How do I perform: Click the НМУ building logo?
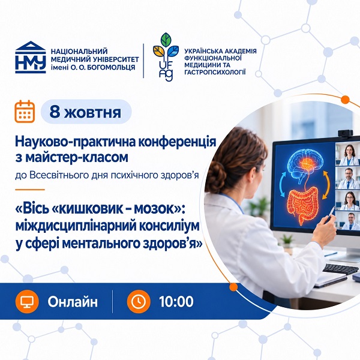[x=31, y=57]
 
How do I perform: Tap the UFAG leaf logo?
[x=166, y=57]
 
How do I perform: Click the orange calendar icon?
[x=25, y=112]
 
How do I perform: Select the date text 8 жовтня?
[x=85, y=112]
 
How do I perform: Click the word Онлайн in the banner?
[x=73, y=302]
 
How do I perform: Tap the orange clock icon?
[x=139, y=301]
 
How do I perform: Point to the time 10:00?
[x=176, y=301]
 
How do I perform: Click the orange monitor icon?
[x=27, y=301]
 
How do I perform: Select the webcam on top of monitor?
[x=345, y=133]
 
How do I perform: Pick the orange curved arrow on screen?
[x=326, y=185]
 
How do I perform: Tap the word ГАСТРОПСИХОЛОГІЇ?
[x=215, y=73]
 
